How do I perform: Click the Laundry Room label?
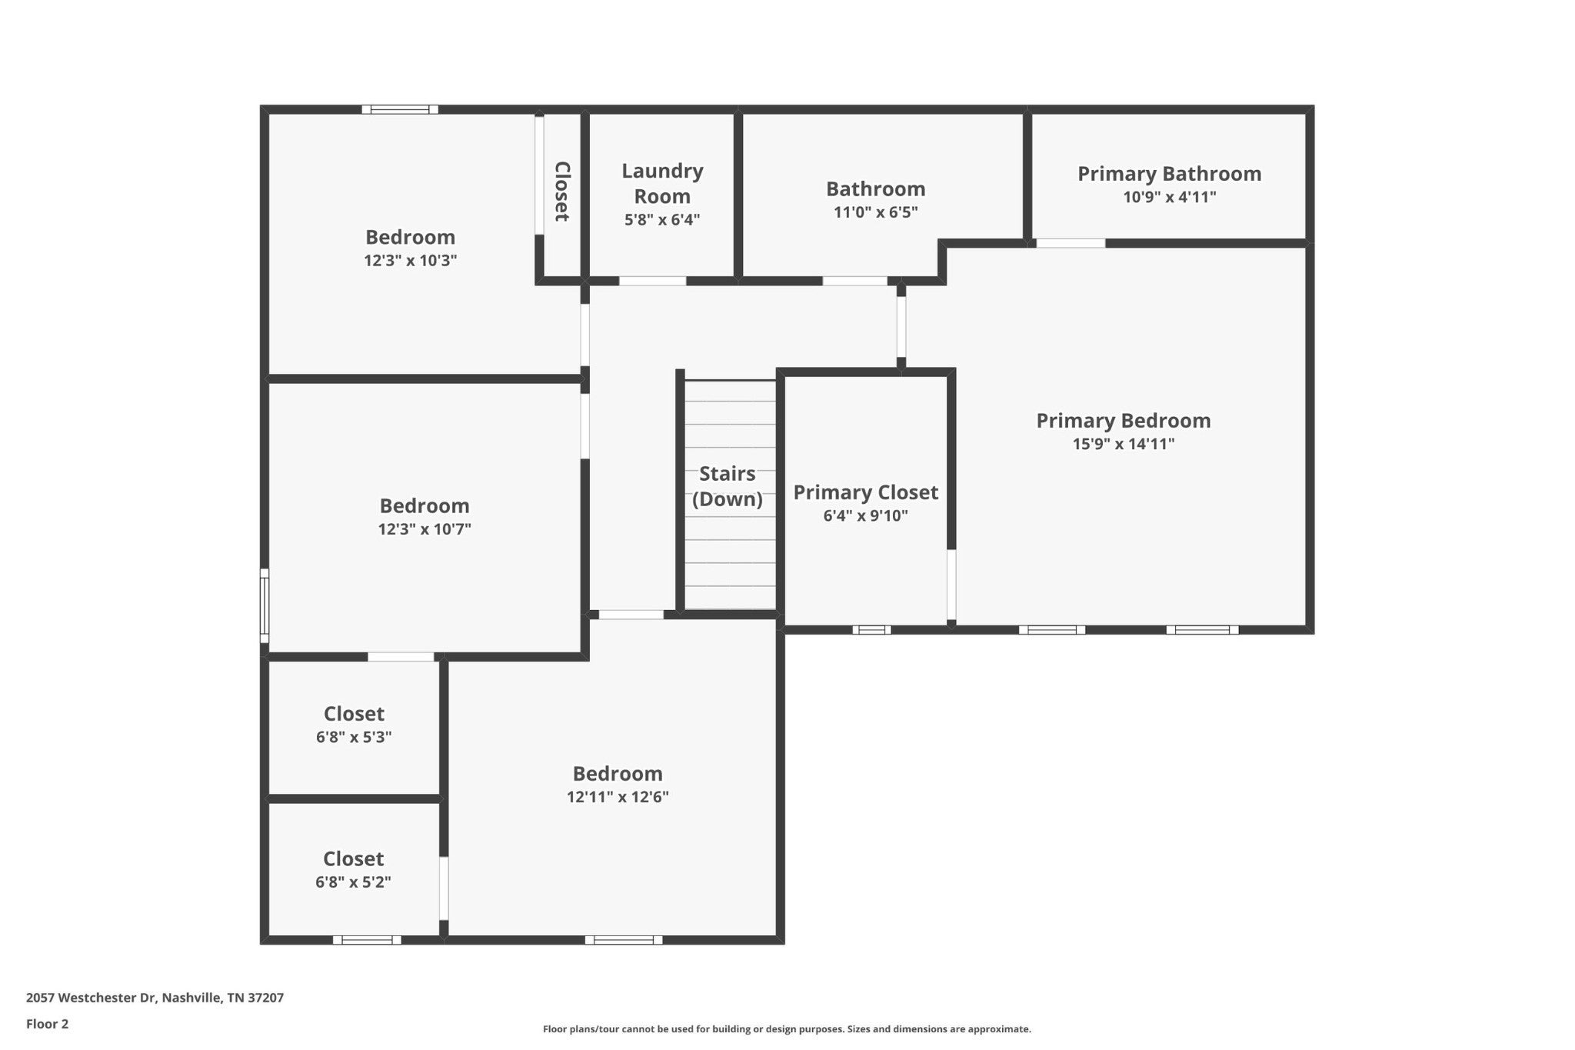tap(662, 183)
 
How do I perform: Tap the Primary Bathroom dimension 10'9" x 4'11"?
tap(1169, 197)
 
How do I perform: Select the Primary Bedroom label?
tap(1123, 421)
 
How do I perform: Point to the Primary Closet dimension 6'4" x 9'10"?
tap(865, 515)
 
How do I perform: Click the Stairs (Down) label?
tap(728, 486)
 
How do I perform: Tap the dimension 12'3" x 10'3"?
tap(411, 260)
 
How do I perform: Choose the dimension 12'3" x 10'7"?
tap(425, 529)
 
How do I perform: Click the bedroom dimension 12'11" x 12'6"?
tap(618, 797)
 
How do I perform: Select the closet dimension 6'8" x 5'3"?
tap(354, 737)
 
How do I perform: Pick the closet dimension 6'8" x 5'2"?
tap(353, 882)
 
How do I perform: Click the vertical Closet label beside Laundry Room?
tap(562, 192)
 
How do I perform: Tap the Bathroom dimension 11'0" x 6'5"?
tap(876, 212)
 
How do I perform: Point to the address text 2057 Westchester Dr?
tap(92, 998)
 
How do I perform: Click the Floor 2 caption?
tap(47, 1024)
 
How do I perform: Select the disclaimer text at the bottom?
tap(787, 1029)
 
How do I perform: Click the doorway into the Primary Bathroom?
tap(1071, 243)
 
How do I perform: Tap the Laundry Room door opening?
tap(652, 281)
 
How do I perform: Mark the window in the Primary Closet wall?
tap(872, 630)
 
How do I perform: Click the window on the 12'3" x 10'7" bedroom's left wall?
tap(265, 606)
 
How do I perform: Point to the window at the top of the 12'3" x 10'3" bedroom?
tap(400, 109)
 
